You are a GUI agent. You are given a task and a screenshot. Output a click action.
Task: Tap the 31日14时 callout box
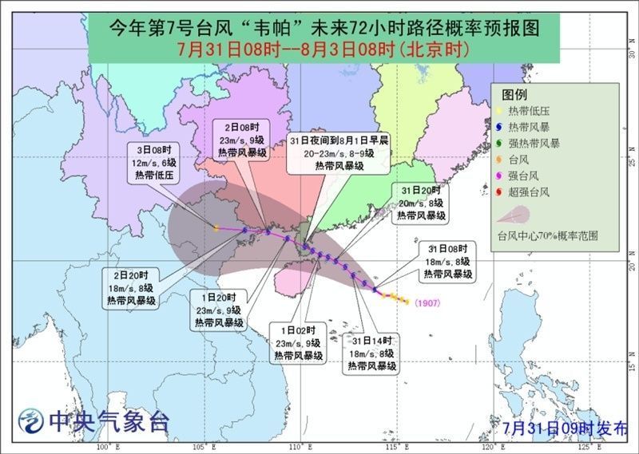[372, 353]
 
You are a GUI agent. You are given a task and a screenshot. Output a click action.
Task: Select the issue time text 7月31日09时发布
[566, 428]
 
